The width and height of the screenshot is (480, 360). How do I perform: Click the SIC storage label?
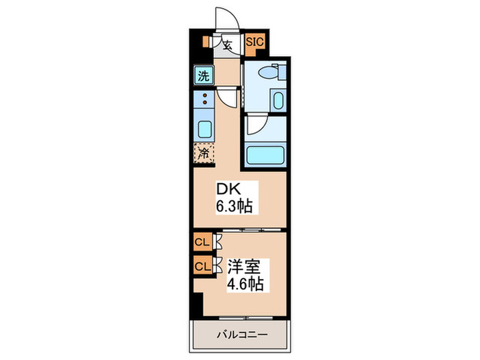tap(255, 42)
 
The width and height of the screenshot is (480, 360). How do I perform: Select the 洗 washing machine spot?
tap(204, 75)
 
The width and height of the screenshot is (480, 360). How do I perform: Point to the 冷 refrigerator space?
tap(204, 153)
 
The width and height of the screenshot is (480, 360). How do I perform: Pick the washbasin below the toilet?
tap(277, 101)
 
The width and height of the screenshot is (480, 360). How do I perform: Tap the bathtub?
tap(263, 155)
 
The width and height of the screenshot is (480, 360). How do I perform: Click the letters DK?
tap(228, 189)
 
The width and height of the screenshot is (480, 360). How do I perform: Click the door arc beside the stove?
tap(229, 98)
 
